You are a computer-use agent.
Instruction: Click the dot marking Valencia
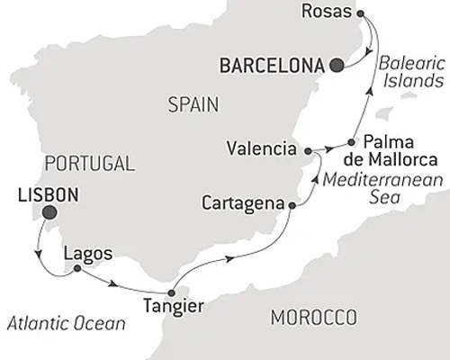[x=309, y=150]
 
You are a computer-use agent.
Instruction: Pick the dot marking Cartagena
[x=291, y=206]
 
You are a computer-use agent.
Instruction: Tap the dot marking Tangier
[x=170, y=292]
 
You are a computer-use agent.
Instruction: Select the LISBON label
[x=47, y=193]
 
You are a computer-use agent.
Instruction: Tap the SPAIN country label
[x=193, y=105]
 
